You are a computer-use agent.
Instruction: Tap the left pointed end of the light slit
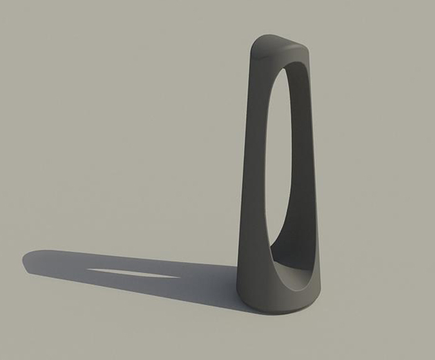pos(88,270)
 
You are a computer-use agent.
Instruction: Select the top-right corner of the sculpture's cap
pos(306,48)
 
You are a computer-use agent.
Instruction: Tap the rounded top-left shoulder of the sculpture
pos(257,47)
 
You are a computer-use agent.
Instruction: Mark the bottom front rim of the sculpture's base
pos(274,310)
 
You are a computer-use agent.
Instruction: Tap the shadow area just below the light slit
pos(134,283)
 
